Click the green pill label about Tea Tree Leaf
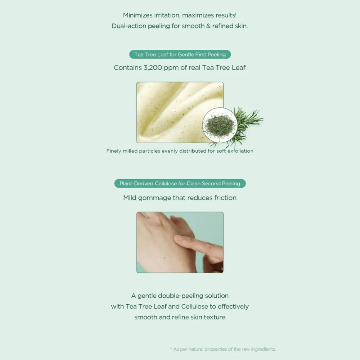coord(180,54)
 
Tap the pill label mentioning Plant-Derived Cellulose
coord(180,184)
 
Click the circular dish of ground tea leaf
coord(220,125)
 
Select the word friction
coord(225,198)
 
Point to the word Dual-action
coord(129,26)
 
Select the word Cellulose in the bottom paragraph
coord(194,306)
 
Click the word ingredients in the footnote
coord(263,349)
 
